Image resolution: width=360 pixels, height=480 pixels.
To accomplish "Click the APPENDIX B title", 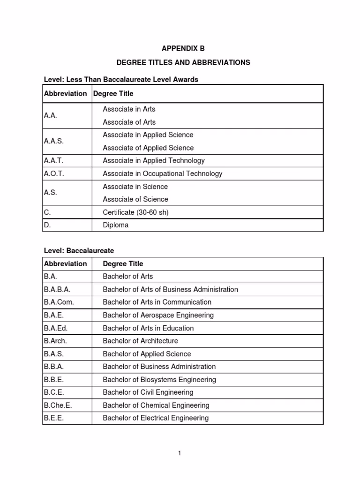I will coord(183,48).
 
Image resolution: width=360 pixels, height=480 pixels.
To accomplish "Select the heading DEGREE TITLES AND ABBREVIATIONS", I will coord(183,62).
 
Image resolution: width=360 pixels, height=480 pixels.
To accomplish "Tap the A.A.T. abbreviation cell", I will coord(53,160).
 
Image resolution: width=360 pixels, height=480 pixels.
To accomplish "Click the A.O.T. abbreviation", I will coord(54,173).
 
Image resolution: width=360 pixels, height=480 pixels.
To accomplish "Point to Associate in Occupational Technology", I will coord(163,173).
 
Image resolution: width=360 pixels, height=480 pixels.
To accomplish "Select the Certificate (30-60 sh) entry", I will coord(135,212).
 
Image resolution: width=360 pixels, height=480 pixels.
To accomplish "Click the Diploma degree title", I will coord(116,225).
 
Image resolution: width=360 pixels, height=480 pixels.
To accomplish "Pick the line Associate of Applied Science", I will coord(148,148).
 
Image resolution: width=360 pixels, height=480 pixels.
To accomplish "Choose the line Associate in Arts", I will coord(129,109).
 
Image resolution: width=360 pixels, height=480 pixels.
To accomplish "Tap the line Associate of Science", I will coord(135,199).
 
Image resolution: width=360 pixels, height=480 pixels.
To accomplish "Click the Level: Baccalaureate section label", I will coord(79,251).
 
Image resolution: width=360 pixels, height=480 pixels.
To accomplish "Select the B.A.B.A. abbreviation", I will coord(57,289).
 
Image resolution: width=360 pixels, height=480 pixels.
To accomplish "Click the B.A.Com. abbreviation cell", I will coord(59,302).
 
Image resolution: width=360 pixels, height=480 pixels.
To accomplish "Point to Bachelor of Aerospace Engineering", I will coord(158,315).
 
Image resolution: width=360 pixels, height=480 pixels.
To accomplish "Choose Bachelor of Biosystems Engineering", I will coord(159,380).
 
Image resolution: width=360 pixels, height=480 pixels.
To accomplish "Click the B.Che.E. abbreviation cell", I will coord(58,405).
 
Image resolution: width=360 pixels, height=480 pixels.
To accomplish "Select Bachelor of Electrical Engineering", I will coord(156,418).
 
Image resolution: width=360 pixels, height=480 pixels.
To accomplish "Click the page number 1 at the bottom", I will coord(180,453).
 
